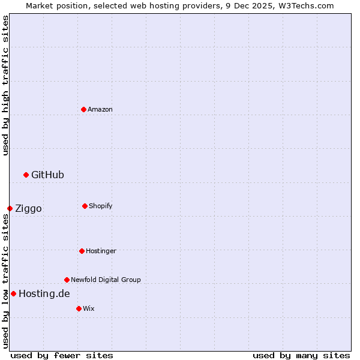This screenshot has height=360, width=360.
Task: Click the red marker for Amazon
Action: (84, 109)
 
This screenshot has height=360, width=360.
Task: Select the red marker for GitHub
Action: (26, 175)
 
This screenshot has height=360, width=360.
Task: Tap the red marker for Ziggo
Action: (10, 208)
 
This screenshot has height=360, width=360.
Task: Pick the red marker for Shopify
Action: (85, 206)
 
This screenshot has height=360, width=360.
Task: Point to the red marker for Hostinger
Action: (82, 251)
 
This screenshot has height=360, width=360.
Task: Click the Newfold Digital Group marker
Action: (67, 280)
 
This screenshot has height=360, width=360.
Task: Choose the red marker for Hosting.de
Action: (13, 293)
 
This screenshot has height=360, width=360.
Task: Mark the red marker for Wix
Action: (79, 308)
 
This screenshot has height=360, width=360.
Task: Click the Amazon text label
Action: (100, 109)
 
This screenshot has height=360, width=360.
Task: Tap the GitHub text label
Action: (47, 175)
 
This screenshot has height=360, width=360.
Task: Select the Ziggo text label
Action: (28, 208)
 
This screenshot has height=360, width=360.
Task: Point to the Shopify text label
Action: (101, 206)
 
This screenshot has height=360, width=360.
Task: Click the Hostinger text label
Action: (101, 251)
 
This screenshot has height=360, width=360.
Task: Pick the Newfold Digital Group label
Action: (106, 280)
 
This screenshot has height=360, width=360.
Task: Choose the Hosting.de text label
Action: (44, 293)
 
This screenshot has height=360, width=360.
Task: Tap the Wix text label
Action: (89, 308)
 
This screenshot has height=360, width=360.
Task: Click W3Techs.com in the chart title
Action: (305, 5)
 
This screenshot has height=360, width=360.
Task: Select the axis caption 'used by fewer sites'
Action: (62, 355)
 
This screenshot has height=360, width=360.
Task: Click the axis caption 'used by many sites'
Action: (301, 355)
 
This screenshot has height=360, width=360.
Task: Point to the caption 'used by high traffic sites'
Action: (5, 86)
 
